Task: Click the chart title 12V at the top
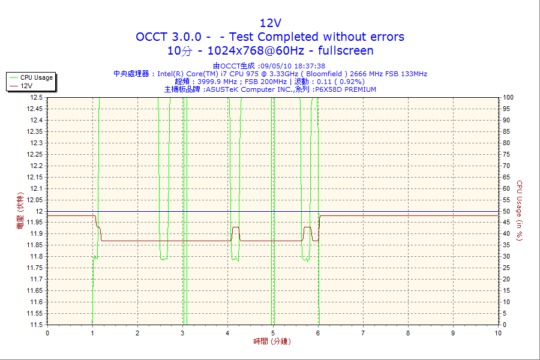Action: tap(270, 23)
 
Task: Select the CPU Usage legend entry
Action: tap(36, 77)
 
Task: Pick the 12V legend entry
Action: tap(26, 86)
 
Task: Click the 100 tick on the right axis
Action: tap(508, 97)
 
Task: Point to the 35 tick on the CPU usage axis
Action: tap(506, 245)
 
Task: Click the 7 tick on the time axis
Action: tap(363, 333)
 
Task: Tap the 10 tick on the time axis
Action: tap(498, 333)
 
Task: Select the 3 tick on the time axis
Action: tap(182, 333)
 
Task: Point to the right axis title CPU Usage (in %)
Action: tap(520, 211)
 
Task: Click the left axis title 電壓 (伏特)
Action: tap(20, 211)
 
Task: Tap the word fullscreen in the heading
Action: tap(346, 50)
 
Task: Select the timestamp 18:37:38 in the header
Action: tap(308, 66)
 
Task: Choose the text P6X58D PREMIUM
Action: tap(345, 89)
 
